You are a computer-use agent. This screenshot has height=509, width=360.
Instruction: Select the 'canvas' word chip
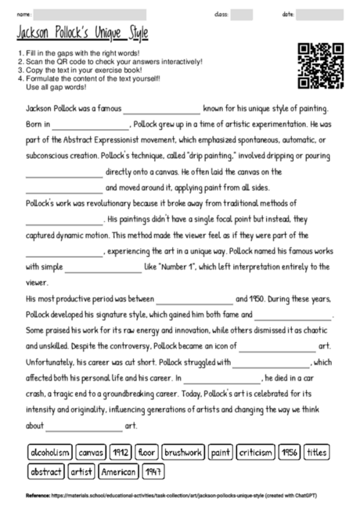click(92, 453)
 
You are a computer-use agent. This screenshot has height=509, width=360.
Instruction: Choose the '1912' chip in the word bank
click(121, 453)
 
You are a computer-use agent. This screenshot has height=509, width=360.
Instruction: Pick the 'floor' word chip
click(147, 453)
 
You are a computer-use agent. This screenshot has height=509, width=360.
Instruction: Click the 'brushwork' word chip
click(183, 453)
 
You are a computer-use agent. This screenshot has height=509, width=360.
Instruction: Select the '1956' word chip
click(290, 453)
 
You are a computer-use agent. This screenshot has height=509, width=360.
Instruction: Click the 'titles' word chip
click(317, 453)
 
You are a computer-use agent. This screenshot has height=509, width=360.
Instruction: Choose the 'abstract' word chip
click(46, 472)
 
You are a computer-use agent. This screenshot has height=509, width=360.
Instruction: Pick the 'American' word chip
click(118, 472)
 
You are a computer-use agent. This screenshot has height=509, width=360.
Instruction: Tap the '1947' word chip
click(153, 472)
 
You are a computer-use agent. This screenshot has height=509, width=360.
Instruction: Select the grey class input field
click(241, 14)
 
